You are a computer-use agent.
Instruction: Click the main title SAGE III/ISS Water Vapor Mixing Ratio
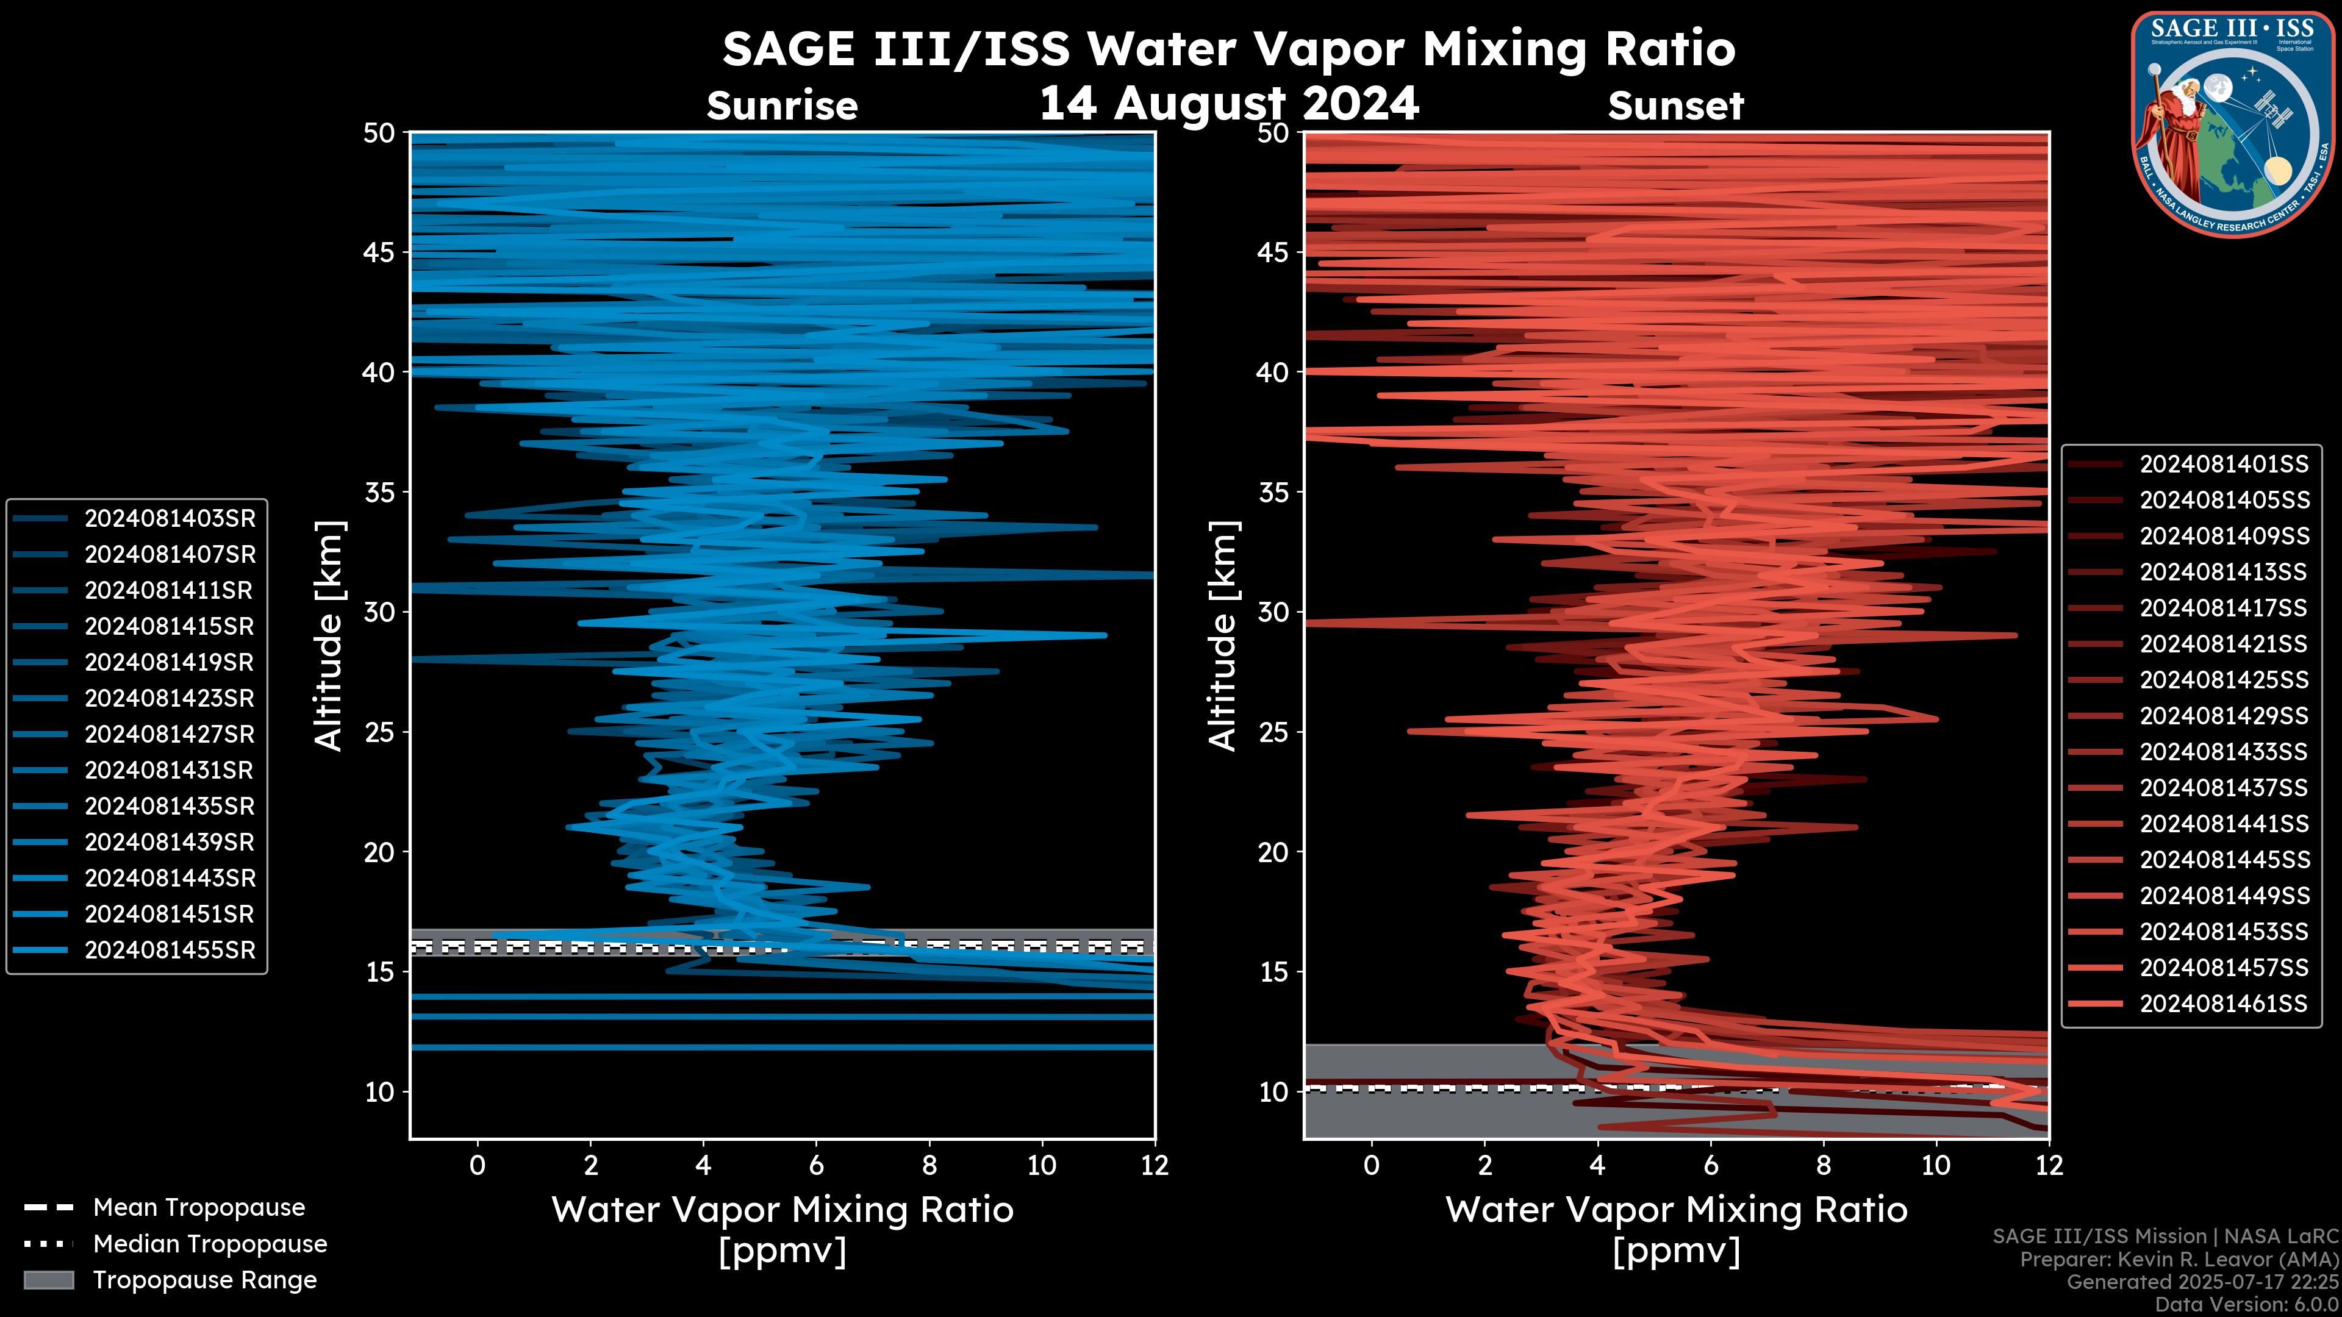point(1228,49)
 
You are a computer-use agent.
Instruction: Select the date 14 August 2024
point(1228,104)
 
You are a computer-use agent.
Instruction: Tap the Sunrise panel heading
point(782,106)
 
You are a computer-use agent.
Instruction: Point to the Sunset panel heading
point(1675,106)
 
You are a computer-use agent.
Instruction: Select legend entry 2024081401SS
point(2224,465)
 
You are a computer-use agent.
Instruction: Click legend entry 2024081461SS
point(2224,1004)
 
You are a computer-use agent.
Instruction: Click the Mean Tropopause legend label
point(199,1208)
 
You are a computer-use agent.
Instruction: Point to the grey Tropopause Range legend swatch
point(49,1280)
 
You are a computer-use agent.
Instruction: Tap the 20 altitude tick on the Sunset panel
point(1273,852)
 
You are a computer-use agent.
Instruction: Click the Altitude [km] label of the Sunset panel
point(1223,636)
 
